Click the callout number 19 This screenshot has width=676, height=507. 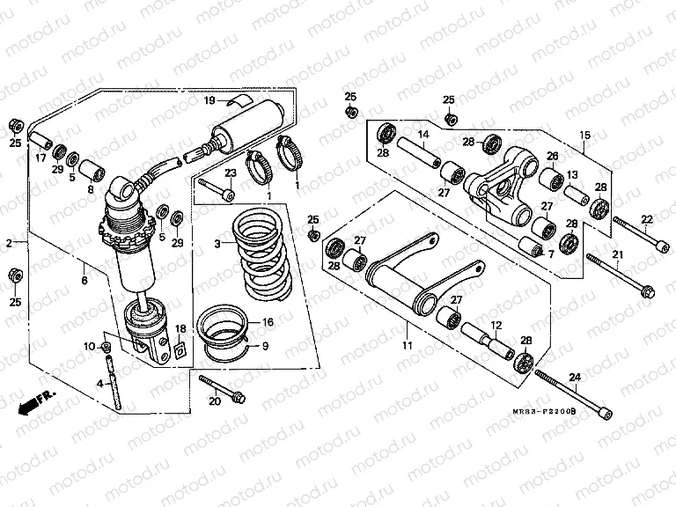[x=209, y=101]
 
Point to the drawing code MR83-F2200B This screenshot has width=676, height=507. [x=546, y=410]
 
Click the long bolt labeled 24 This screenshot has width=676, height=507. [x=572, y=393]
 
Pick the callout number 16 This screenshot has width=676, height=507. [x=268, y=323]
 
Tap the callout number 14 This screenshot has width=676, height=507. [x=423, y=135]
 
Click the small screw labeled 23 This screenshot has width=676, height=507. [x=217, y=187]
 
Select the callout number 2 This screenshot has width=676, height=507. [x=9, y=242]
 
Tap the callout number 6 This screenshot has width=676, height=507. [x=84, y=280]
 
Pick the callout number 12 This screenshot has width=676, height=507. [x=496, y=325]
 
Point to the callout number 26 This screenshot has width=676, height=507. [x=553, y=156]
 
